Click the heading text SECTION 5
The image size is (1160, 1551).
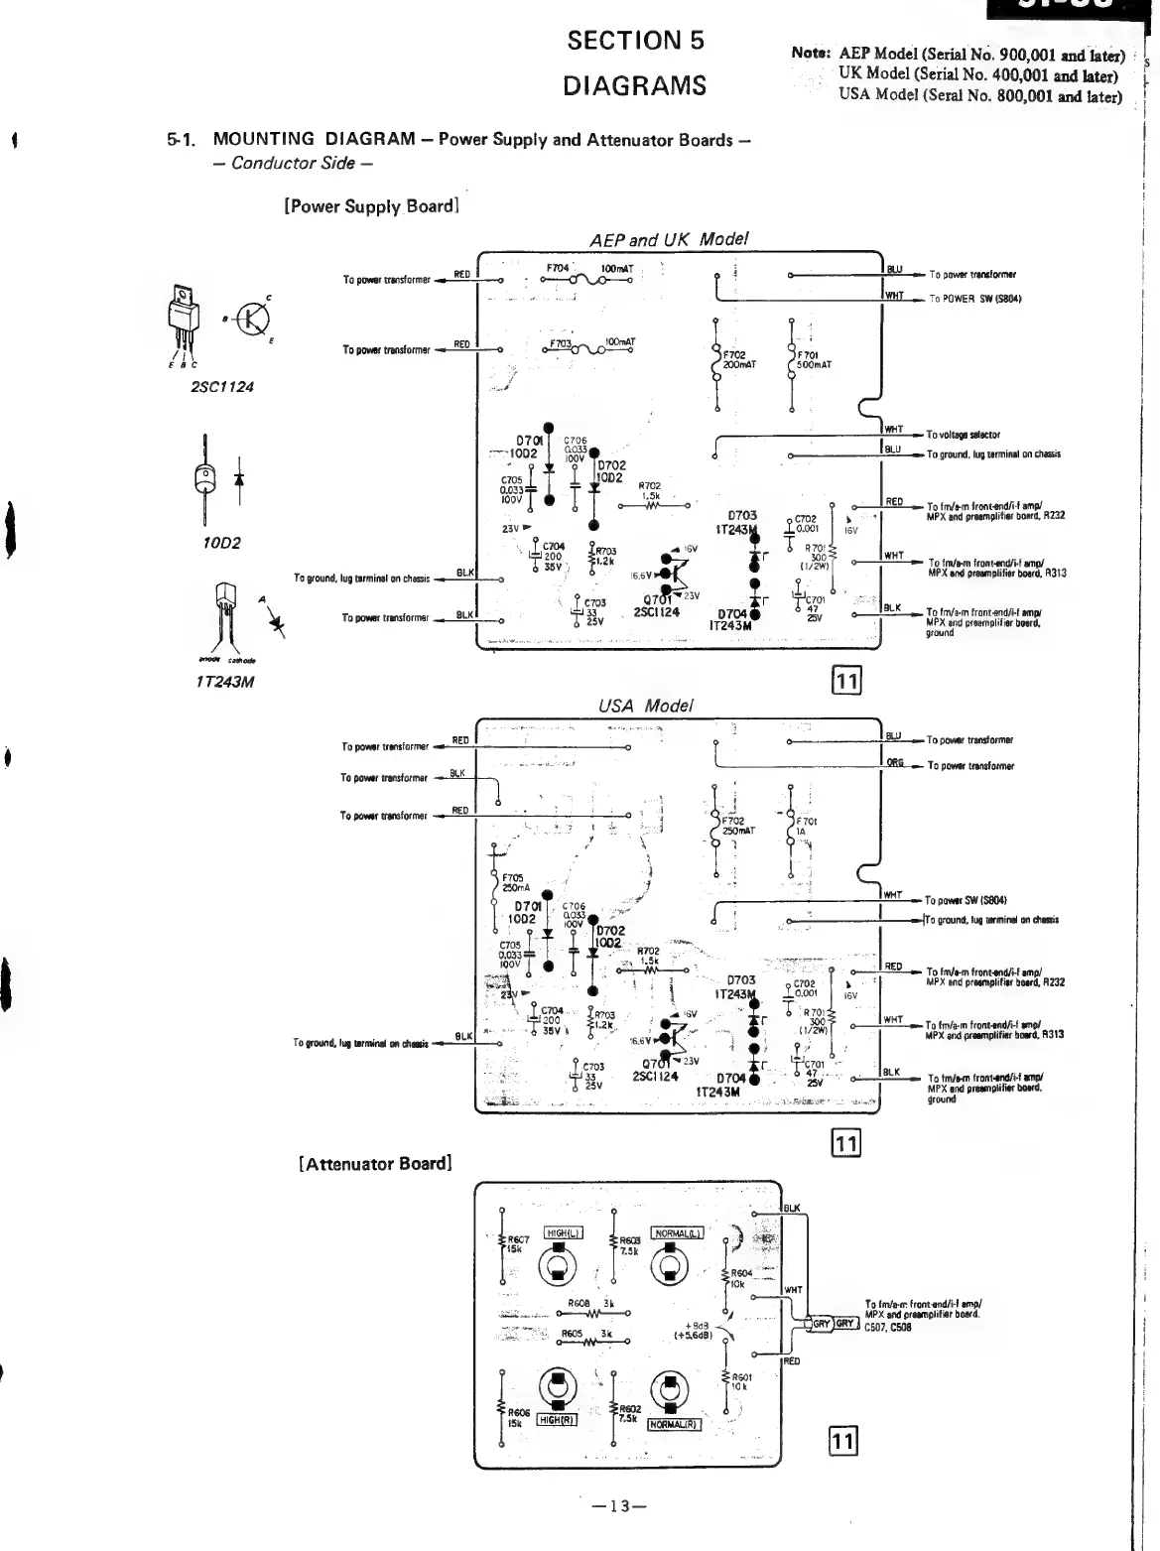635,41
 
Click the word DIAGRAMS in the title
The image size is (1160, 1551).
635,85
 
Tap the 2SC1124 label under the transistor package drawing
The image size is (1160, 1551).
221,387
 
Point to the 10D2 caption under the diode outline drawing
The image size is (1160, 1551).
219,543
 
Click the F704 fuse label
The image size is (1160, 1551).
558,268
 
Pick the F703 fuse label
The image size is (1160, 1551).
561,344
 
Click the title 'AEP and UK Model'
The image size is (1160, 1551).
669,239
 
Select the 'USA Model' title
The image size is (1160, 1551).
646,706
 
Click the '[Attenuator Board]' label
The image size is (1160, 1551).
375,1163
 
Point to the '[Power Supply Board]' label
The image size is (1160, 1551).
371,206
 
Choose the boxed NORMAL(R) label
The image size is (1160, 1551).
675,1424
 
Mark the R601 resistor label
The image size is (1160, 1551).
741,1376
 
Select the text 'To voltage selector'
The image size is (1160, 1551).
963,435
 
